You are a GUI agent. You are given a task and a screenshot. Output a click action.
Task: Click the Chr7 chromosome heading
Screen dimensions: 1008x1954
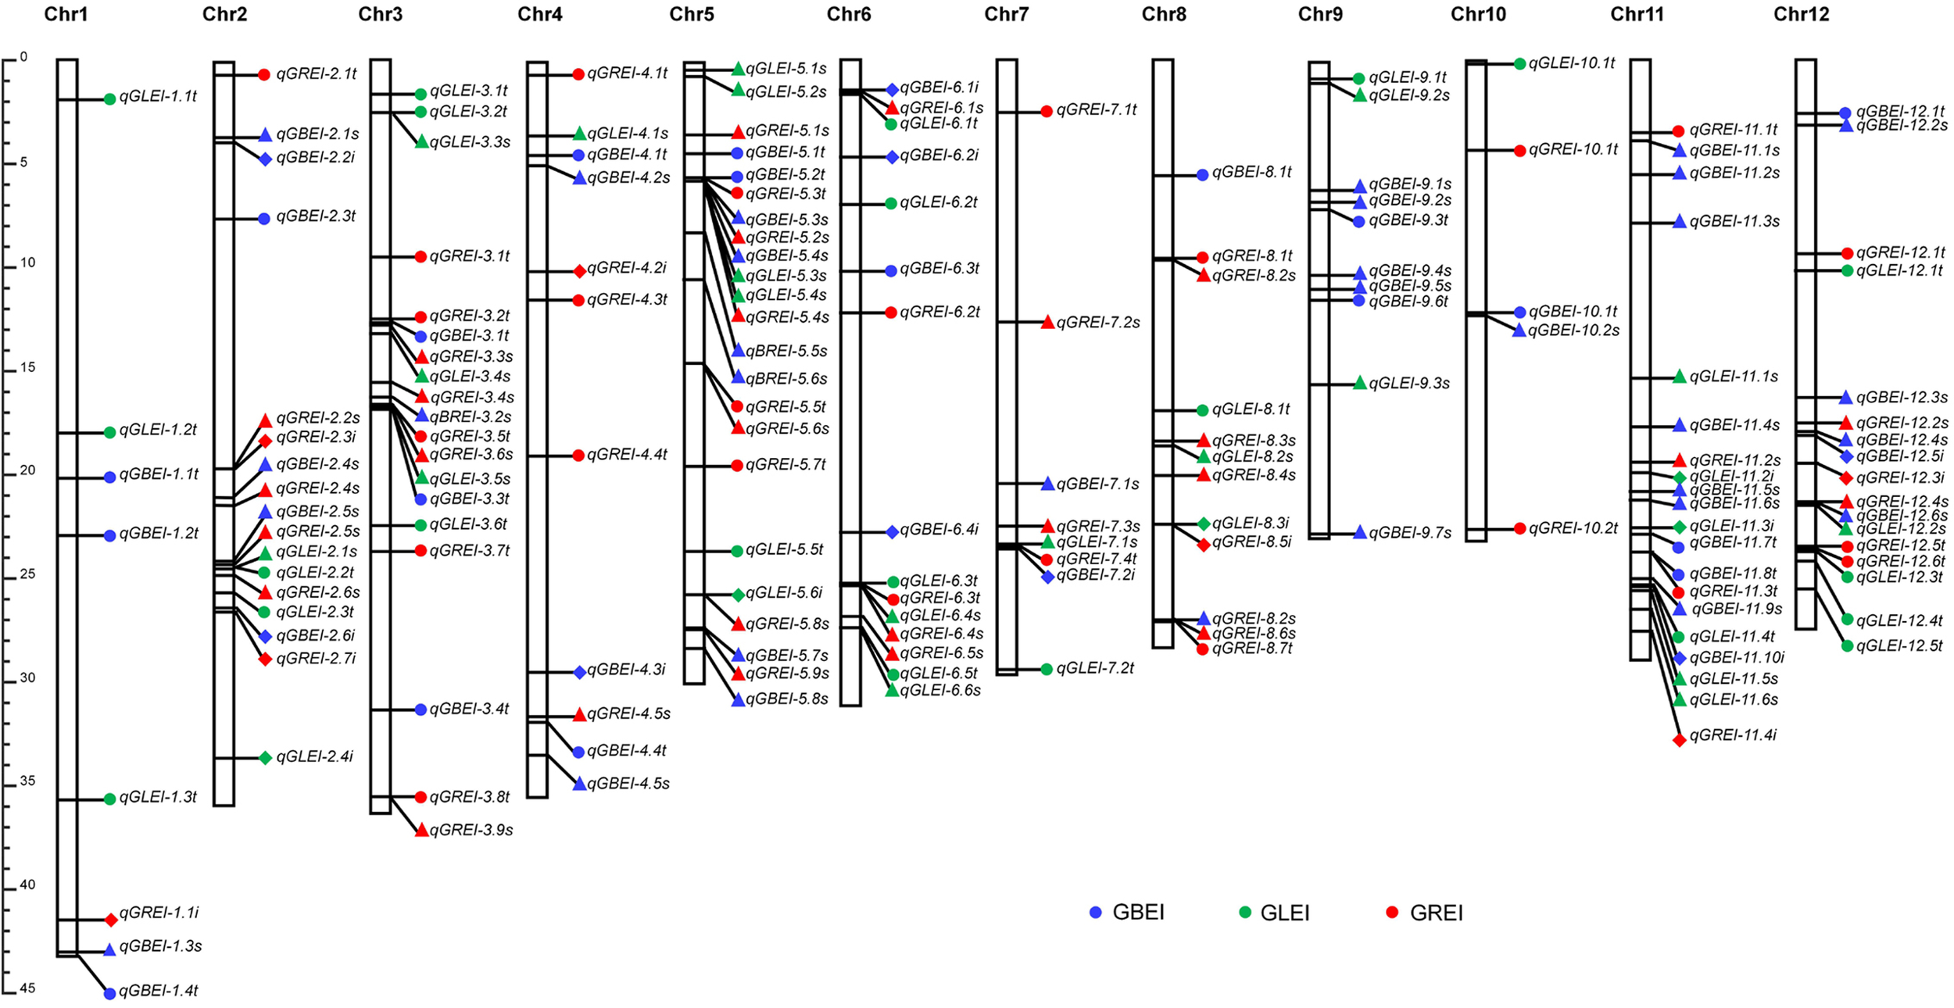(1006, 14)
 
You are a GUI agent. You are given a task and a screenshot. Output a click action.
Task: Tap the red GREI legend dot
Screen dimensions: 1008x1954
(1391, 912)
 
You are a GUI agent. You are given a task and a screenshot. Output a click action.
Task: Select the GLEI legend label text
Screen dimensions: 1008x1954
(1284, 913)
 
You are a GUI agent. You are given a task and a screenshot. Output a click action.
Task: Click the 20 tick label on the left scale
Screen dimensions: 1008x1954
(27, 470)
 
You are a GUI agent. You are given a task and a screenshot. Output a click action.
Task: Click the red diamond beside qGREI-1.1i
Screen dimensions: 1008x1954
(111, 920)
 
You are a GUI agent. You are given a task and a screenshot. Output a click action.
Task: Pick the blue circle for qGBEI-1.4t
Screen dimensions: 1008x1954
(109, 993)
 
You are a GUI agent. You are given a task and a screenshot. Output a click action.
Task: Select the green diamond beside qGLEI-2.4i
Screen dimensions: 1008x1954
(265, 757)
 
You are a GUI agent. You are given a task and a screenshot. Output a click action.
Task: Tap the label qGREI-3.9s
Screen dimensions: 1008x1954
(471, 830)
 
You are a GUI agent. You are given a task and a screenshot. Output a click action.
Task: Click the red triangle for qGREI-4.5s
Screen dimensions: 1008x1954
(579, 714)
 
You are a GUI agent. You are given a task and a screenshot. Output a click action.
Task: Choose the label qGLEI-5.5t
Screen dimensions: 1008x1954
(784, 550)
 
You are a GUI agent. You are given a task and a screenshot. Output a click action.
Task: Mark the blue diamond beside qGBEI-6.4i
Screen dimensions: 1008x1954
(892, 531)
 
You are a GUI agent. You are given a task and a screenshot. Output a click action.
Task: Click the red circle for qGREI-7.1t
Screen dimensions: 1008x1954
(1047, 111)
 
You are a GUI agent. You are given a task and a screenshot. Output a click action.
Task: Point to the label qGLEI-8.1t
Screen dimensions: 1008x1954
(1251, 409)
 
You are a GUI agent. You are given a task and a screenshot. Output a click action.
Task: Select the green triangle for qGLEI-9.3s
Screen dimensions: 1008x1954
(1360, 383)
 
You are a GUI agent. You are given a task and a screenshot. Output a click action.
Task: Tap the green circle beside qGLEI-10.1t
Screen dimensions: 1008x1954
(1519, 63)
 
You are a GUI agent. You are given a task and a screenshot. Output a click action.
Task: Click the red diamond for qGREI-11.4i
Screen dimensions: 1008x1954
(1679, 739)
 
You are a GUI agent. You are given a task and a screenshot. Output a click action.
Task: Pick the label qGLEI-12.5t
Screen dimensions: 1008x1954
(1899, 645)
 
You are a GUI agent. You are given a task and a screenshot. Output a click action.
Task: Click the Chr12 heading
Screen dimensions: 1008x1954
(1801, 14)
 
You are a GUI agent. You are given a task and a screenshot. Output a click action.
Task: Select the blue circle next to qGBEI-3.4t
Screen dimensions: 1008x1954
(421, 710)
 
